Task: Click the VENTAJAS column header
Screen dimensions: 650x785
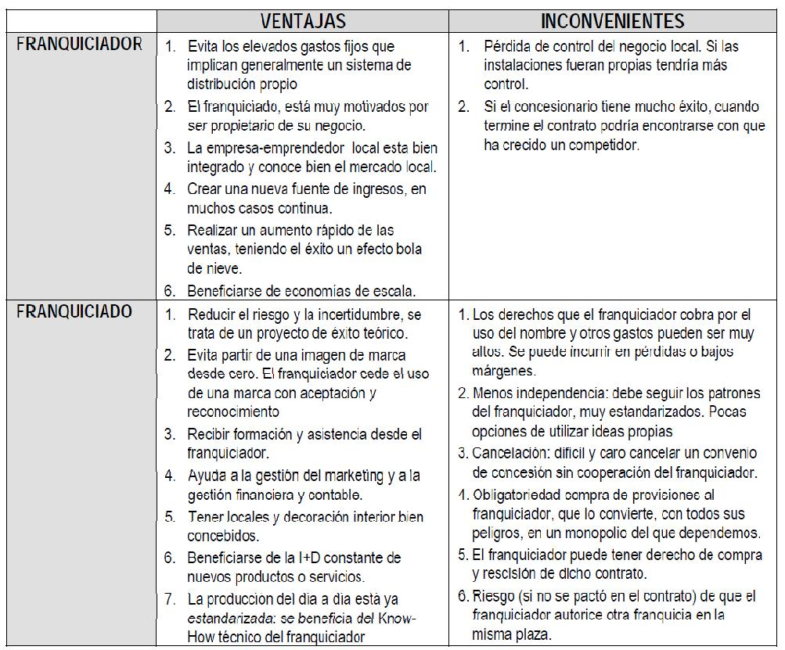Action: (x=302, y=21)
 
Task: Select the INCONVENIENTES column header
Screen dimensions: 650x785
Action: (x=613, y=21)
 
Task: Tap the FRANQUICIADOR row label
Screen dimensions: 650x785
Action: (x=79, y=45)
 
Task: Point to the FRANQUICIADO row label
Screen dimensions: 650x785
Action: (x=74, y=312)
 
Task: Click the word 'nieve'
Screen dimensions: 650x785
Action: (x=203, y=268)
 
